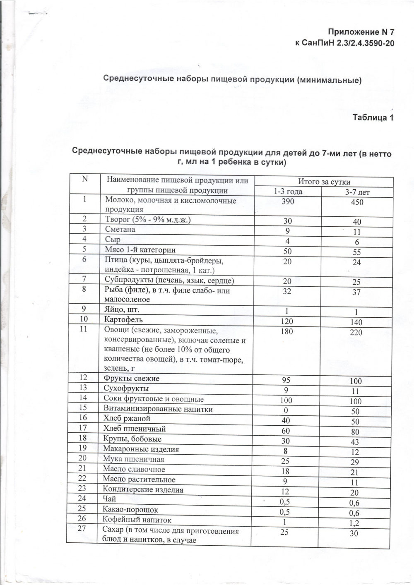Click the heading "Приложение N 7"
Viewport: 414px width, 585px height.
[359, 32]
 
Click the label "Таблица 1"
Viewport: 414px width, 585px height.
[373, 117]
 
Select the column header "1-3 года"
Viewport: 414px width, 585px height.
[287, 192]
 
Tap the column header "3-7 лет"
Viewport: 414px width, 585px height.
[357, 192]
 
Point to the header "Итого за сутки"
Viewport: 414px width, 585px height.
[324, 182]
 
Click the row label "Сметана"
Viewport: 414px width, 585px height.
[120, 230]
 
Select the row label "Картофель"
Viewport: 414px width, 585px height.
[123, 319]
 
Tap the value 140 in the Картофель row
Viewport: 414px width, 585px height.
[356, 322]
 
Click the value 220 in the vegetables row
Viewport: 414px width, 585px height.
[356, 333]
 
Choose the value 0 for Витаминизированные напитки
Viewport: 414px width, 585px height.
[286, 411]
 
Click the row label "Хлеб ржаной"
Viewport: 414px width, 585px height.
[126, 419]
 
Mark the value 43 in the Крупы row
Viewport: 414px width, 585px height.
[354, 442]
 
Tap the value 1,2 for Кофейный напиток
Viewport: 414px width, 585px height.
[354, 523]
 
